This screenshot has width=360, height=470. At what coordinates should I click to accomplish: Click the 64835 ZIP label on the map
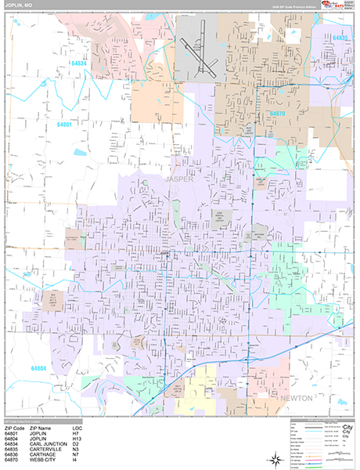339,38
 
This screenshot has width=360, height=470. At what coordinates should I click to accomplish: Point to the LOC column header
76,427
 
